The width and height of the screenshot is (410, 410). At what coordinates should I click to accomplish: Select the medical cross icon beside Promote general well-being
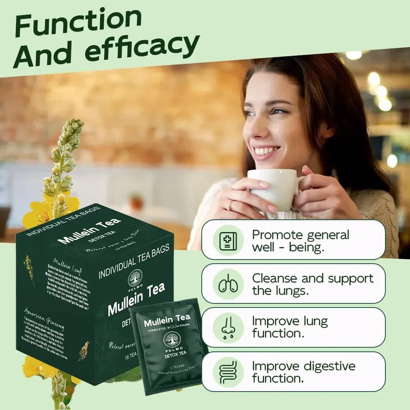225,240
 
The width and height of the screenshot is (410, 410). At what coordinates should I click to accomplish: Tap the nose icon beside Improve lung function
225,328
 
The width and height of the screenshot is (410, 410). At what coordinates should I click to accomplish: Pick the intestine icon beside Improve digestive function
225,371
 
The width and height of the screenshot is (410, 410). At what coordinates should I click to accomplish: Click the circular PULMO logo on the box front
134,278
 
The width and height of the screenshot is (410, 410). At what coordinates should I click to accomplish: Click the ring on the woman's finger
231,204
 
